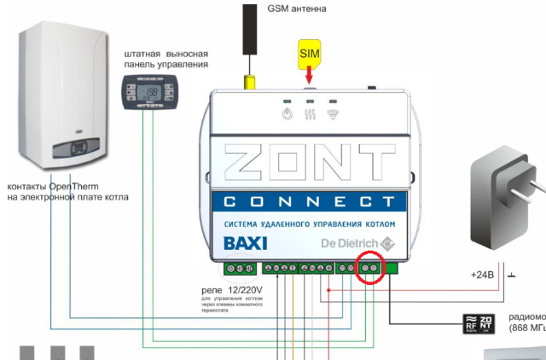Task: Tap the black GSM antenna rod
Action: [x=250, y=34]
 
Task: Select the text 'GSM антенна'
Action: [x=297, y=9]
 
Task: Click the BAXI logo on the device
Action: [x=245, y=243]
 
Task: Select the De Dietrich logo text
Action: [x=351, y=243]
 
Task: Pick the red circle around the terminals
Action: [x=370, y=269]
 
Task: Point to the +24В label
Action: [x=482, y=276]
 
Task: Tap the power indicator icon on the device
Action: [x=288, y=113]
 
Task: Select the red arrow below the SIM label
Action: [x=308, y=77]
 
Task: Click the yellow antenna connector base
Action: [x=250, y=82]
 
